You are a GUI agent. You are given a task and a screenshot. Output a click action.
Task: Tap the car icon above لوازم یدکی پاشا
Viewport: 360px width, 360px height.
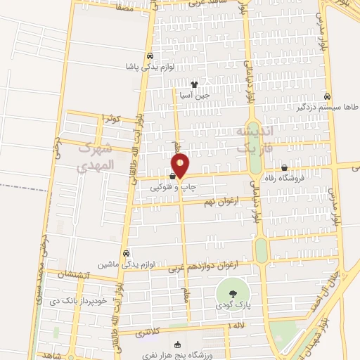150,57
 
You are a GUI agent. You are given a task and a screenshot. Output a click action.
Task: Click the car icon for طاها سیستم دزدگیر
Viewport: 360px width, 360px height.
327,96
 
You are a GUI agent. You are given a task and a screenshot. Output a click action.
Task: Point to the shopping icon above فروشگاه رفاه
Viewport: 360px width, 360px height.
284,167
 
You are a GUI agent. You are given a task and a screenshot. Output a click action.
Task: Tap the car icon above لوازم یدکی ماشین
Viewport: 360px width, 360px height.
126,253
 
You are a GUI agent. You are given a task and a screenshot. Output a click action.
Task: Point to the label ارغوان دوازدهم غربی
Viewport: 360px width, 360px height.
207,266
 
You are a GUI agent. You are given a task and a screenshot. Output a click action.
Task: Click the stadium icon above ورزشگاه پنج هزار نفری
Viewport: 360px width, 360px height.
177,345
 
